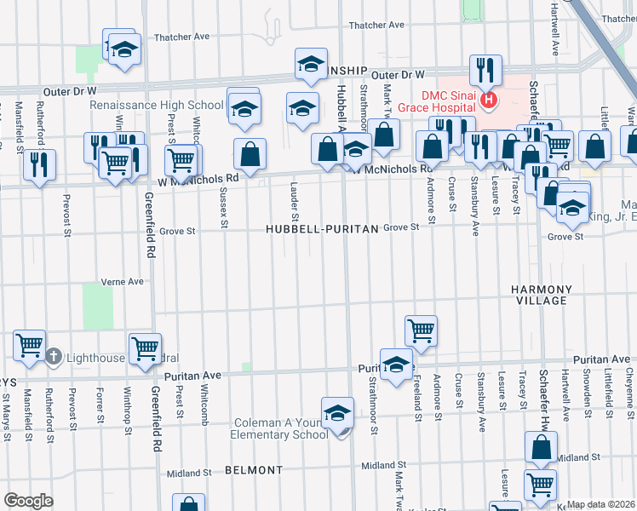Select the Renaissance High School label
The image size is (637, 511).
[x=157, y=106]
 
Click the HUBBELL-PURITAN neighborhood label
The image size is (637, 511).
[x=320, y=229]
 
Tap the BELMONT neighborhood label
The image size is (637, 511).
[x=254, y=470]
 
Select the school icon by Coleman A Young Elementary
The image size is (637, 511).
[x=337, y=413]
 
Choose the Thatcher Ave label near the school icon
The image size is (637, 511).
[x=183, y=37]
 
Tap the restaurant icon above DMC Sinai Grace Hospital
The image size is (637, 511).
[x=485, y=70]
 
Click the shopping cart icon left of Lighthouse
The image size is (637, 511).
[x=30, y=345]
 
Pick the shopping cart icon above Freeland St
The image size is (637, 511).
[x=421, y=329]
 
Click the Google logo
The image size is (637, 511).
[x=28, y=501]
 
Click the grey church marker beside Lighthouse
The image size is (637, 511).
[x=53, y=357]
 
